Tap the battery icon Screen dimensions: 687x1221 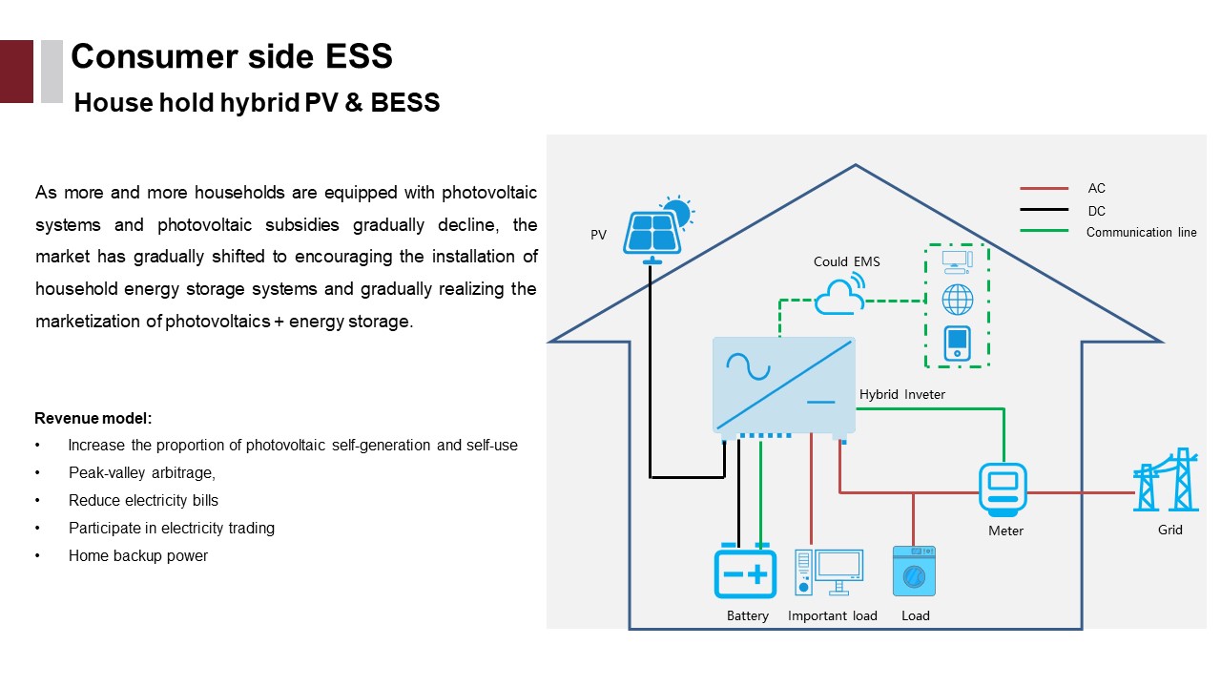point(745,572)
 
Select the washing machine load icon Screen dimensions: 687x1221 point(914,572)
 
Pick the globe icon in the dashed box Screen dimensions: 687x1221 point(957,300)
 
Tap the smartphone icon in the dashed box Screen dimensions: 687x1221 point(957,343)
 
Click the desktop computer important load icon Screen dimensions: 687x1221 point(830,572)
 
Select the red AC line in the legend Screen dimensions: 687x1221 point(1044,189)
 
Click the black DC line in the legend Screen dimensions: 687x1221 point(1044,211)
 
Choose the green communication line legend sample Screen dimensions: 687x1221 point(1044,231)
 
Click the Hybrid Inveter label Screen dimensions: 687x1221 point(901,394)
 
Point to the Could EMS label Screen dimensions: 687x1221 point(846,261)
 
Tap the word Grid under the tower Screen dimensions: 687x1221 point(1169,530)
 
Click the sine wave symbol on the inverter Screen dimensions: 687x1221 point(742,366)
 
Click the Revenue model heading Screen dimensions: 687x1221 point(93,418)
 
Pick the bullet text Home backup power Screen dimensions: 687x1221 point(138,555)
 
